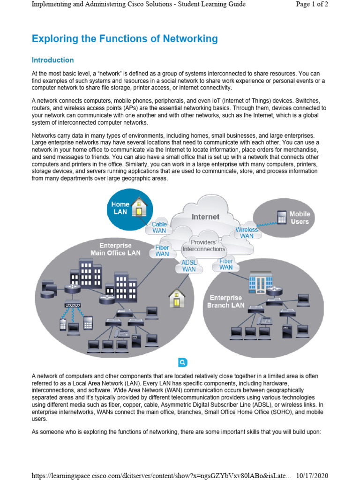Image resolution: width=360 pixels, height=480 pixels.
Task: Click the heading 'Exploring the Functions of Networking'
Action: tap(125, 39)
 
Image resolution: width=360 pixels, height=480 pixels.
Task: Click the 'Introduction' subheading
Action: tap(52, 60)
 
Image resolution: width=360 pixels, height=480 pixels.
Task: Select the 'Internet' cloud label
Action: tap(205, 217)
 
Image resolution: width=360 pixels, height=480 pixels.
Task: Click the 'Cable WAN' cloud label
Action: tap(159, 227)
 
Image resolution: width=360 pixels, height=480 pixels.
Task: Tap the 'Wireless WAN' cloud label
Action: tap(247, 232)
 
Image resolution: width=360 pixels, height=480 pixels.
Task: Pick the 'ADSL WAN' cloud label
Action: tap(189, 266)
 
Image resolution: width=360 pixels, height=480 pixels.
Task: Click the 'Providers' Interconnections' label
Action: tap(203, 246)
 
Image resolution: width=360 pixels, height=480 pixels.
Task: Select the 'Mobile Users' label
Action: tap(300, 217)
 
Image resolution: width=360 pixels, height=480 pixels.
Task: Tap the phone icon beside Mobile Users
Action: tap(281, 217)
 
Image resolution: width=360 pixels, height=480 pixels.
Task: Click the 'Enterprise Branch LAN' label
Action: tap(226, 301)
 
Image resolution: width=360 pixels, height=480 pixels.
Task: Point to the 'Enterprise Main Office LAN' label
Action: tap(115, 249)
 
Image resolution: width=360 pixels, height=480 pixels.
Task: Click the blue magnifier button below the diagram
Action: tap(182, 362)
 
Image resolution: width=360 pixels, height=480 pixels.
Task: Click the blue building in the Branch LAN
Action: tap(260, 283)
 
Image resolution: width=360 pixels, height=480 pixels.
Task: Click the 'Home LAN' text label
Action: tap(120, 208)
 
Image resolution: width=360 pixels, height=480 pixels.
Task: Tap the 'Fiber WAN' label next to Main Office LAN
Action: tap(162, 250)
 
